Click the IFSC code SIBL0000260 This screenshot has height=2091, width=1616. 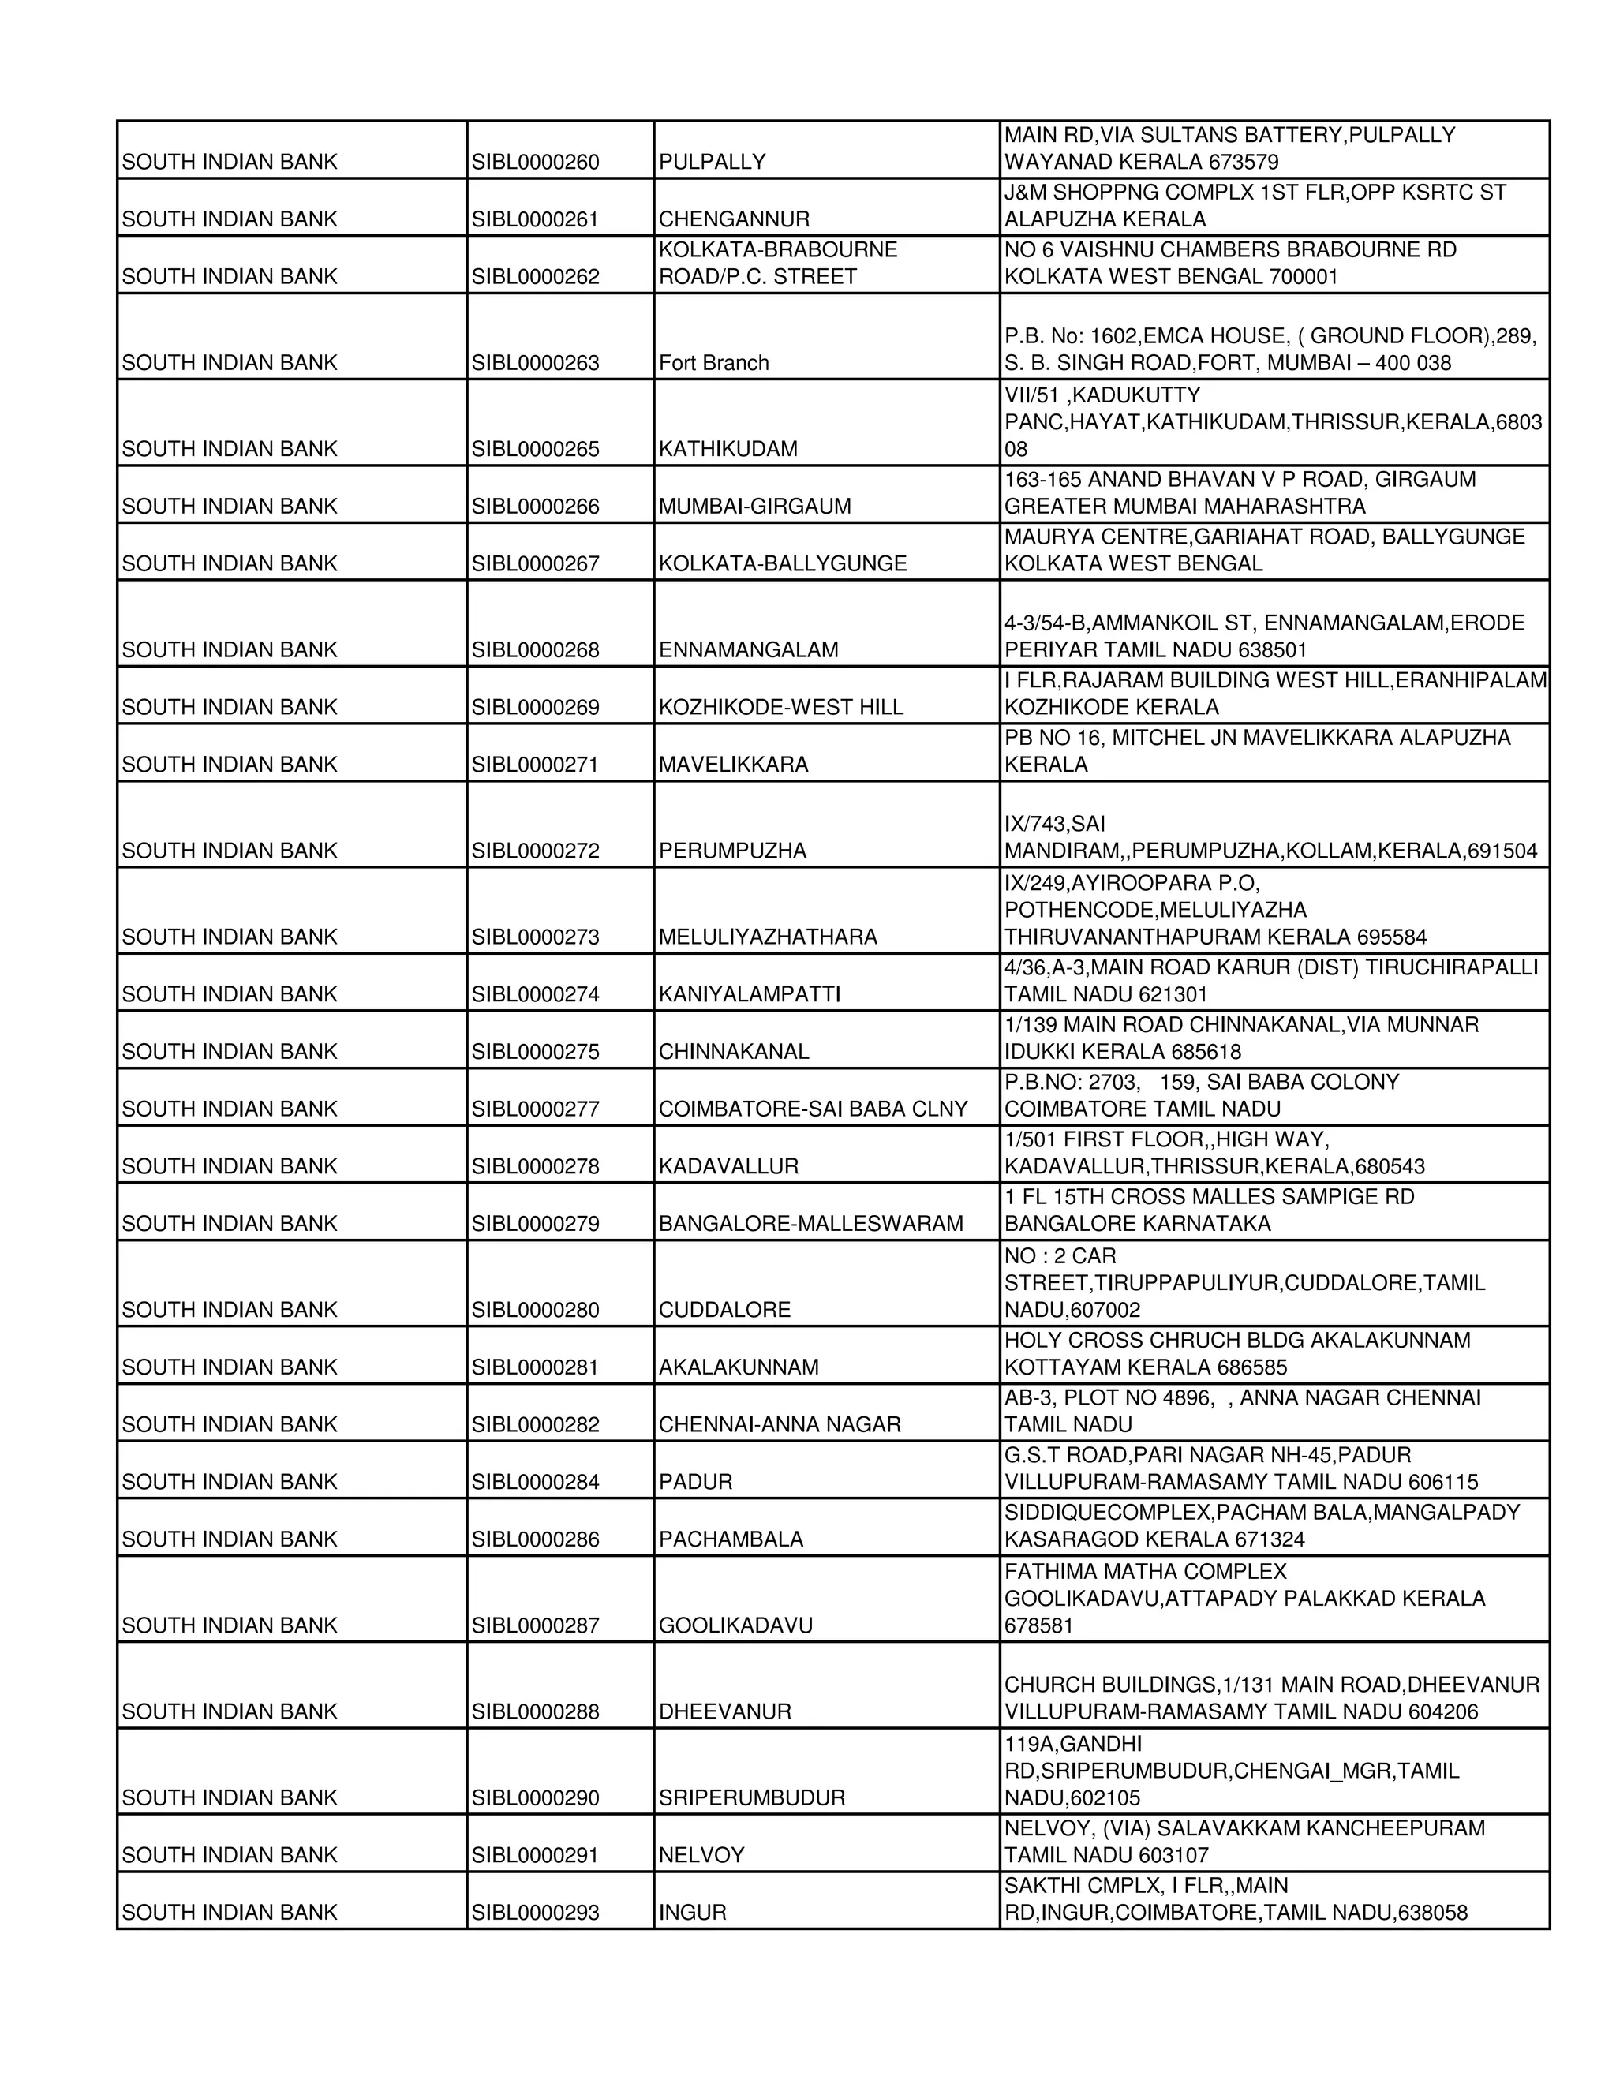[535, 163]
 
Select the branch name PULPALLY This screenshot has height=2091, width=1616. [713, 163]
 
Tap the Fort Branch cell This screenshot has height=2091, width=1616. [714, 364]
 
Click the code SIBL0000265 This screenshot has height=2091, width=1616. [535, 450]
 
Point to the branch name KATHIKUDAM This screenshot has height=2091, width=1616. [728, 450]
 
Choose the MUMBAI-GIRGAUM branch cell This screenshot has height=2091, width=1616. [754, 507]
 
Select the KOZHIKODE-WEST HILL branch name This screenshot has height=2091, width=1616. [781, 709]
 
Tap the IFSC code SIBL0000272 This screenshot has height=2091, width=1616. [535, 852]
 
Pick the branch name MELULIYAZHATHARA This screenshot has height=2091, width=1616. [768, 938]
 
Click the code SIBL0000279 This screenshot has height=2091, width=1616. [535, 1225]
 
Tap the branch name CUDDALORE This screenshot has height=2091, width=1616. [724, 1311]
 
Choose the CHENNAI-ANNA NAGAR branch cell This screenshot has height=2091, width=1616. [780, 1427]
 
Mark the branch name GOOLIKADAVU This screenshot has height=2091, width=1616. [735, 1627]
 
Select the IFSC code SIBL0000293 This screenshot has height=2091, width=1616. [535, 1914]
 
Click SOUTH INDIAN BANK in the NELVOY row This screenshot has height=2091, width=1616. [230, 1857]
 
